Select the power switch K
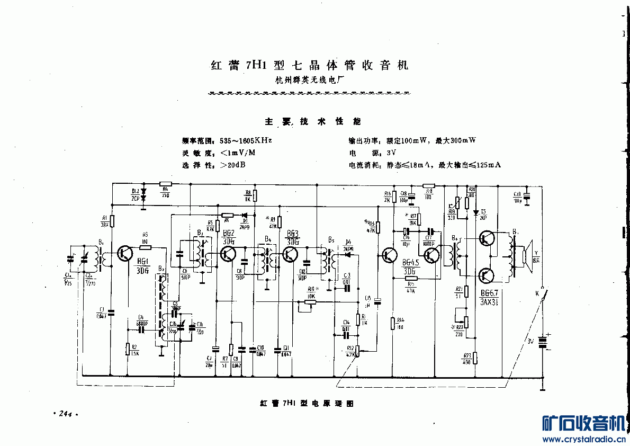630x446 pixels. coord(542,297)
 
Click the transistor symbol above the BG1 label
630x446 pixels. coord(125,254)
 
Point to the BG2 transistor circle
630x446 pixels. coord(228,254)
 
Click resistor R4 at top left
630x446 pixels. coord(165,184)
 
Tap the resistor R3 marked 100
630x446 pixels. coord(145,247)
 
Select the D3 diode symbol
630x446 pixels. coord(244,216)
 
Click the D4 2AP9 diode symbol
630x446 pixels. coord(348,254)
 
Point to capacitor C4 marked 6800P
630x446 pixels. coord(141,329)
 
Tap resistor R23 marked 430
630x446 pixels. coord(475,358)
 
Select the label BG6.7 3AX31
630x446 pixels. coord(488,297)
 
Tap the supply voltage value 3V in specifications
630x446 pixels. coord(392,153)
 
